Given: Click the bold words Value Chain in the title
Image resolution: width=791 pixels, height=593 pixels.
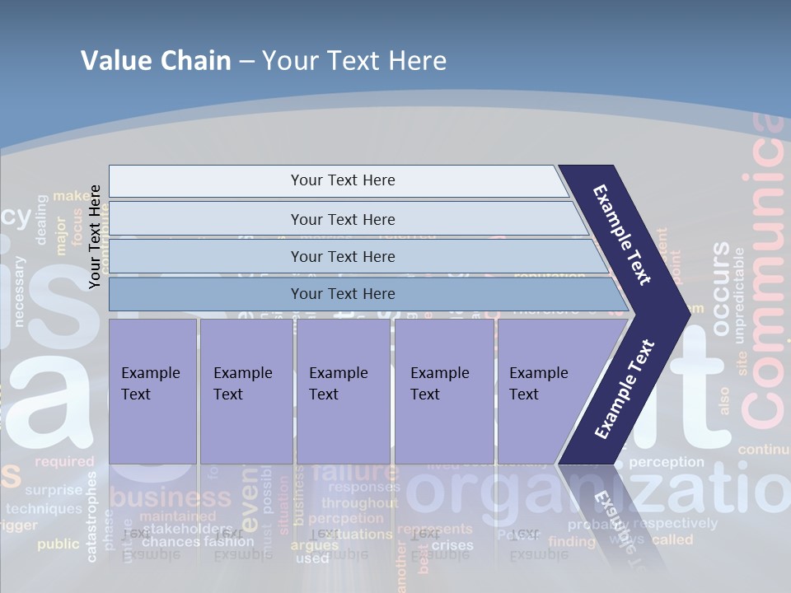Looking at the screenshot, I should tap(156, 61).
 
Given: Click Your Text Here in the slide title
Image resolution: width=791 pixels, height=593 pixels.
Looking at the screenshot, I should tap(354, 61).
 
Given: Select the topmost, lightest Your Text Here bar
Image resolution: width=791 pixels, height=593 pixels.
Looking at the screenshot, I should tap(342, 180).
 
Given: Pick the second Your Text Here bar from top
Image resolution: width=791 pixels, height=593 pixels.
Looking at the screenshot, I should tap(342, 219).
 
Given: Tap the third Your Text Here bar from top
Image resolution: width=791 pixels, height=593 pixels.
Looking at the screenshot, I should tap(342, 256).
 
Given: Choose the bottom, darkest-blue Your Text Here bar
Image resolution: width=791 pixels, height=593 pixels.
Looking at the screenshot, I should tap(342, 294).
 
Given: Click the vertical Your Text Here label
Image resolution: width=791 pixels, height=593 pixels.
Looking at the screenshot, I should tap(95, 236).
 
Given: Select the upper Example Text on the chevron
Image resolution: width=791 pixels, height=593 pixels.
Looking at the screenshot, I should tap(623, 235).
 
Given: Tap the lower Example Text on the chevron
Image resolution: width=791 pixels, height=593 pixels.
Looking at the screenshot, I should tap(625, 389).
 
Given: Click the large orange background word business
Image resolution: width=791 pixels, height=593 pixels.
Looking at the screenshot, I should tap(171, 497).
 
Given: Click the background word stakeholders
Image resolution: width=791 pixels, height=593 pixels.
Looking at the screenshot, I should tap(187, 529).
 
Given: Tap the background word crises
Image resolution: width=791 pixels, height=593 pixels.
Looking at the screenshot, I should tap(452, 545).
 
